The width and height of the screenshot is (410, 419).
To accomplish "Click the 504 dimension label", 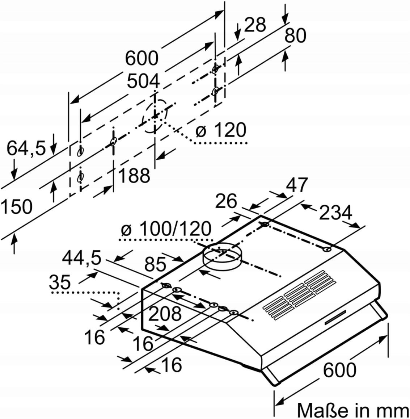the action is point(143,81).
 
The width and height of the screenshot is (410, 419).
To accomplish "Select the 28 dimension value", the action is point(255,25).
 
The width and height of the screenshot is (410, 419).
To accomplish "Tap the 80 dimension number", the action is point(295,35).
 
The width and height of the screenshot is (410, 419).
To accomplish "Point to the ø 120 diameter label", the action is point(221,130).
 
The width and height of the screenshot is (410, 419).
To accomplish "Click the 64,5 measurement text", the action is point(26,148).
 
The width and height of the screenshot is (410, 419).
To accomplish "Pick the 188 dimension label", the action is point(134,176).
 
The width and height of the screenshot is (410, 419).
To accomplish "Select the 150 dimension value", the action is point(16,206).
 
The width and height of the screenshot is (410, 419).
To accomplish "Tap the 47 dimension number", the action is point(297,184).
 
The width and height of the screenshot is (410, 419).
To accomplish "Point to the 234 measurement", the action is point(336,213).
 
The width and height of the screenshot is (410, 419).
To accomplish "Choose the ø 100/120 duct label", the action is point(166,229).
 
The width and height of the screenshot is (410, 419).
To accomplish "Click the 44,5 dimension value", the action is point(82,258).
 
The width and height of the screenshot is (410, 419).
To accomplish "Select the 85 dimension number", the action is point(155,264).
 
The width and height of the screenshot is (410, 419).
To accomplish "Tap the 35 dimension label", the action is point(60,282).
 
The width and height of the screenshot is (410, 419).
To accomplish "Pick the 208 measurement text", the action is point(165,314).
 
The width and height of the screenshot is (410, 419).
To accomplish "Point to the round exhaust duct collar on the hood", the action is point(222,256).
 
